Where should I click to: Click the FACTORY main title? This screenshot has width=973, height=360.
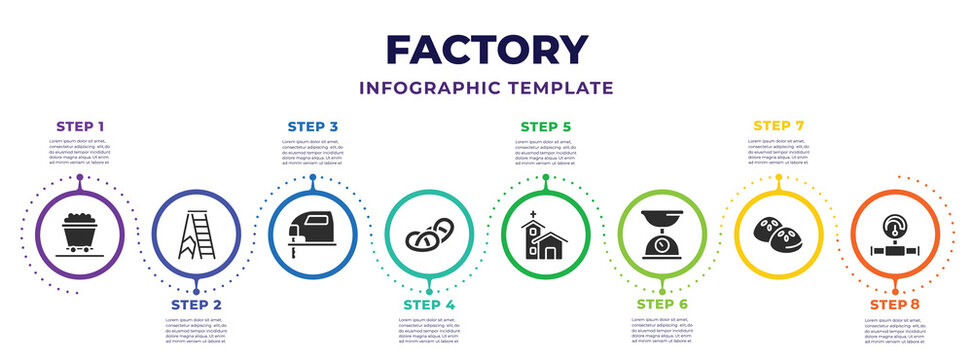coord(486,49)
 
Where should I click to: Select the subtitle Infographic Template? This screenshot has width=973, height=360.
coord(486,88)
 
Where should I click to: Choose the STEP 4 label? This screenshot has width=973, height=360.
coord(428,303)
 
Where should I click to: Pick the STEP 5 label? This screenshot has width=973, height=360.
coord(545,127)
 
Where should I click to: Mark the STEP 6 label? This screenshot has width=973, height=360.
coord(662,303)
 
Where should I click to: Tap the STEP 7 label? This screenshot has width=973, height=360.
coord(778,126)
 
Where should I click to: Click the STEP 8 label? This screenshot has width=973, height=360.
coord(895,303)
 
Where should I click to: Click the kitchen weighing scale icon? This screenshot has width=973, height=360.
coord(661,234)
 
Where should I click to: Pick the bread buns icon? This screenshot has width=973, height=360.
coord(778,234)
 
